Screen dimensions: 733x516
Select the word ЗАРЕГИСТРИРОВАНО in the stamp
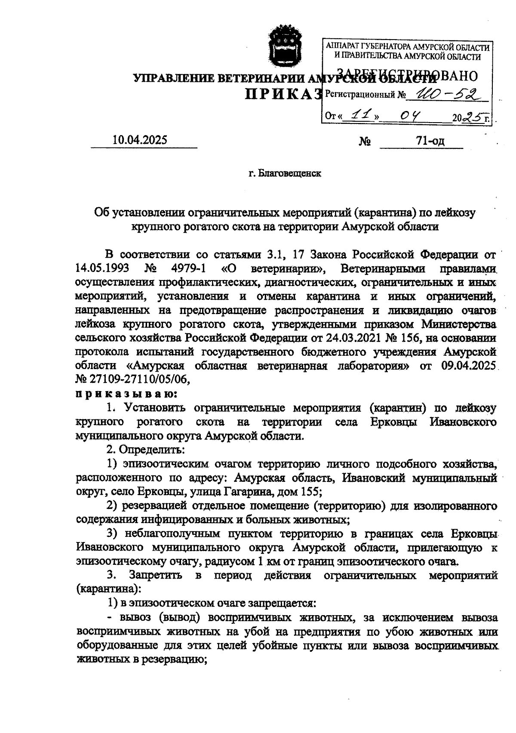click(x=406, y=75)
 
